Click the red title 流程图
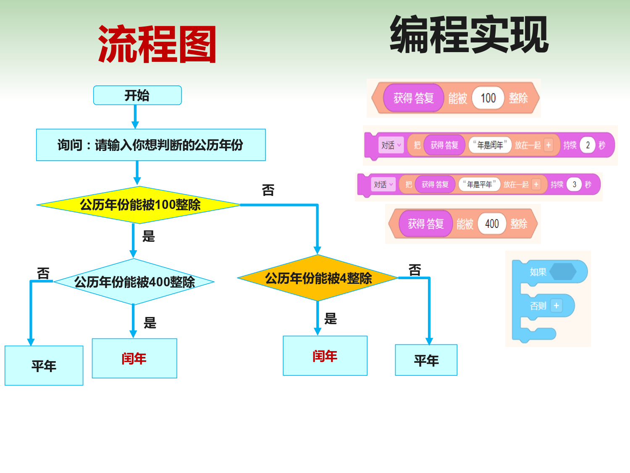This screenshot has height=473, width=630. click(157, 44)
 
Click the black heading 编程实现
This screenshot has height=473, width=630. click(469, 34)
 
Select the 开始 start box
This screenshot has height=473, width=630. click(137, 95)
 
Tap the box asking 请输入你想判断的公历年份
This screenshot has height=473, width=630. click(151, 145)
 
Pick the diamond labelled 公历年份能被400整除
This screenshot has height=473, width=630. click(134, 282)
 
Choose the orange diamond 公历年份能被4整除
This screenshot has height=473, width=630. click(318, 278)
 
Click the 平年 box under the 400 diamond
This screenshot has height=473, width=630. click(44, 365)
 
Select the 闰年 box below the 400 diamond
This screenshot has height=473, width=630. click(134, 358)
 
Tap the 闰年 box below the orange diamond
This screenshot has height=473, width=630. click(325, 356)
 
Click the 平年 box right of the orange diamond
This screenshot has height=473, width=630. click(426, 360)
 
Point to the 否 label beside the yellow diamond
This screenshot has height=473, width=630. click(268, 190)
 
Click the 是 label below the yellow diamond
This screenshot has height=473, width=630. click(149, 236)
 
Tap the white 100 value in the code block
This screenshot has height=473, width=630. click(488, 98)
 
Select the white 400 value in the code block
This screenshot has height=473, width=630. click(492, 224)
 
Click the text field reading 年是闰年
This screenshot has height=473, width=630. click(490, 145)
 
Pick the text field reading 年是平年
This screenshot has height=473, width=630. click(479, 184)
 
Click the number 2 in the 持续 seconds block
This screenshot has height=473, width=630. click(588, 145)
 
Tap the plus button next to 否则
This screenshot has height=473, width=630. click(556, 306)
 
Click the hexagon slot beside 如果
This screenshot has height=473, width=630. click(563, 272)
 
